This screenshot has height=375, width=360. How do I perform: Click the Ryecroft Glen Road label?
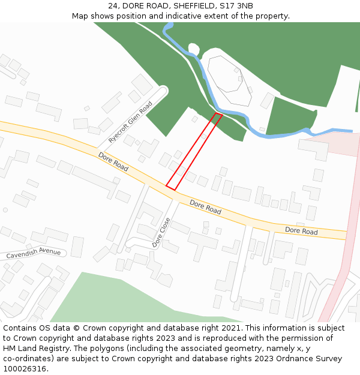click(x=130, y=122)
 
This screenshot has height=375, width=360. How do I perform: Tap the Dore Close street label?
click(x=161, y=232)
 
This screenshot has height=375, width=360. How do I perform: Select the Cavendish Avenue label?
click(x=34, y=253)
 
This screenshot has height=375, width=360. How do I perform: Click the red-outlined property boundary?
click(x=194, y=152)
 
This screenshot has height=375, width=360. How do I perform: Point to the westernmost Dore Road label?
click(x=113, y=162)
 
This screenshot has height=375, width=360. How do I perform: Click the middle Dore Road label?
click(x=205, y=207)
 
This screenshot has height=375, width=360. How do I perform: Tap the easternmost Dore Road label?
click(x=301, y=231)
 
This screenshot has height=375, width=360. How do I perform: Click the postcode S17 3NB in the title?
click(x=236, y=6)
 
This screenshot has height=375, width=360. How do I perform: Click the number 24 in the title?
click(x=113, y=6)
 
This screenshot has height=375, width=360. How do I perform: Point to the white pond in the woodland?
click(x=193, y=49)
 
